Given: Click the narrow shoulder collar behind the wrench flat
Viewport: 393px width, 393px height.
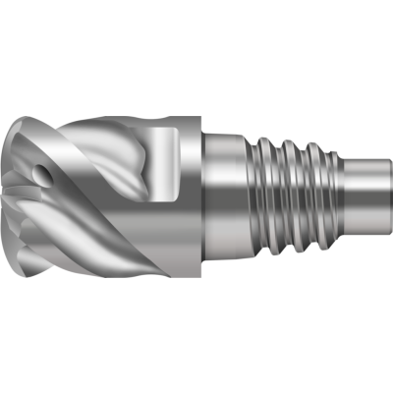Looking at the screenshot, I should coord(195,196).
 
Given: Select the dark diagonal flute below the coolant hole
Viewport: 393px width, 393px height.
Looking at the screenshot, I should coord(59,211).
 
